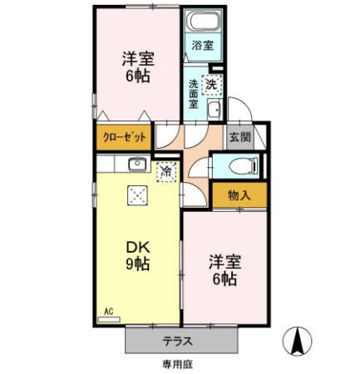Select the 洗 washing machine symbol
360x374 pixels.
click(212, 83)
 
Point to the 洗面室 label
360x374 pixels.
click(193, 94)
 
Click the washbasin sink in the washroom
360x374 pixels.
click(212, 112)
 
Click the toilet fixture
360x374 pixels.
click(241, 164)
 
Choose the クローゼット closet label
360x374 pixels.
click(125, 137)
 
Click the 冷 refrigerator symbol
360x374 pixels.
click(166, 171)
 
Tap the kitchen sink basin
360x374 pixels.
click(138, 164)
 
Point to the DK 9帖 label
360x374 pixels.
click(138, 255)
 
